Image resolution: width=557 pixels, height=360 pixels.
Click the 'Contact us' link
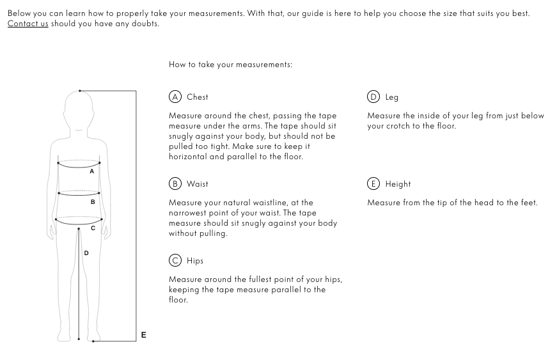(27, 24)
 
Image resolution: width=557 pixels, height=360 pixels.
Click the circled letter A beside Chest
(175, 97)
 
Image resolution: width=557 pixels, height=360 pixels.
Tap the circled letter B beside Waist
(175, 184)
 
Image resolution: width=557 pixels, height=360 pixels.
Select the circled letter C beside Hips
(175, 261)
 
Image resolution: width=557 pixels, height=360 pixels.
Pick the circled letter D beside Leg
(373, 97)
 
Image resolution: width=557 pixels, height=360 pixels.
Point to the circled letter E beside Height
(373, 184)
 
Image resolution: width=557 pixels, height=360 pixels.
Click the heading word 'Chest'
(198, 97)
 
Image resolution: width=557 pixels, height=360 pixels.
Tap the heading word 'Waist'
(198, 184)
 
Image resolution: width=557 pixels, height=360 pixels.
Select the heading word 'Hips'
(195, 261)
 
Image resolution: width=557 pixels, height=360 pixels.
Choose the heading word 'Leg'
(392, 97)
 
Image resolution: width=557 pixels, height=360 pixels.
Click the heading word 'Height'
(398, 184)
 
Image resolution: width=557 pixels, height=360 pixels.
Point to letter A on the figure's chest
(92, 171)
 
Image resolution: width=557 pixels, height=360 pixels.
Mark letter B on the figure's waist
(93, 202)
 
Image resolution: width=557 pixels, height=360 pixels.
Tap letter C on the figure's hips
(93, 228)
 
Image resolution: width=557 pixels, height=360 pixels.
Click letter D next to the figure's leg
(87, 253)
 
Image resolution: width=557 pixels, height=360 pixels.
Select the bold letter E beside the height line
(144, 335)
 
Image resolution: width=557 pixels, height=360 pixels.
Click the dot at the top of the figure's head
(80, 91)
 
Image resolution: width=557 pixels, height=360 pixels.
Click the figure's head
(79, 112)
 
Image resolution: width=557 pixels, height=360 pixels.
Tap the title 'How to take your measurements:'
(230, 65)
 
